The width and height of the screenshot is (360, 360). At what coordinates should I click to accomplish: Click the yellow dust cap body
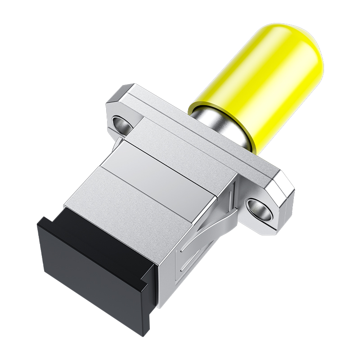point(256,85)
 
